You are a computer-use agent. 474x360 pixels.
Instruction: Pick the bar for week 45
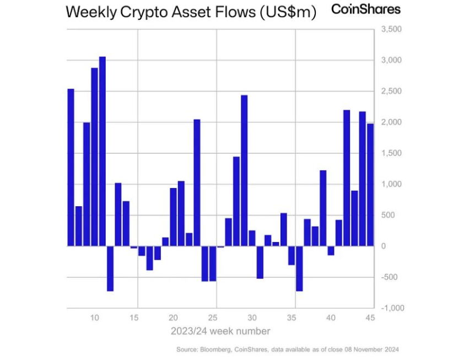[x=370, y=185]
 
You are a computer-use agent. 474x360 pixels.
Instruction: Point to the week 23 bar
[x=197, y=182]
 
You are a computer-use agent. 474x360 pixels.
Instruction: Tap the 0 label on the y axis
[x=384, y=246]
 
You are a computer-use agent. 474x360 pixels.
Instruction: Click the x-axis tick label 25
[x=213, y=318]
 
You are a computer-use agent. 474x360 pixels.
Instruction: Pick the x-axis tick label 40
[x=331, y=318]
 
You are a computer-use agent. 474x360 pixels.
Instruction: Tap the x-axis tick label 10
[x=94, y=318]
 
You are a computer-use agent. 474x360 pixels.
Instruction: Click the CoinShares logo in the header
[x=365, y=9]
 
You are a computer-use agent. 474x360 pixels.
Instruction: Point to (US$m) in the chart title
[x=287, y=13]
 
